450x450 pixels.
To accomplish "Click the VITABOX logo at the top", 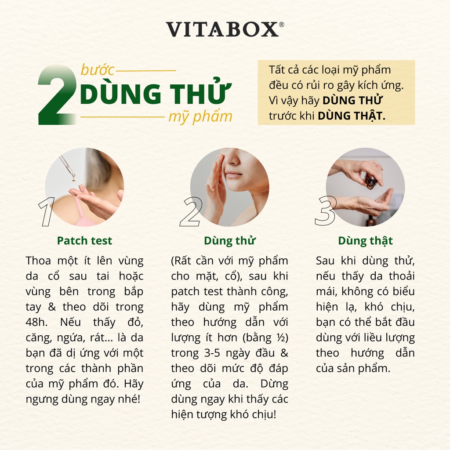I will pyautogui.click(x=222, y=29).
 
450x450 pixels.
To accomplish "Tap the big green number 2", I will pyautogui.click(x=57, y=95).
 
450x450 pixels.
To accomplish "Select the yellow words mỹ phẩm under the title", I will pyautogui.click(x=200, y=117).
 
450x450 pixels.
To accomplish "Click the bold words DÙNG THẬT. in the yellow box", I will pyautogui.click(x=351, y=116).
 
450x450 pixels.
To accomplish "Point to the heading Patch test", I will pyautogui.click(x=84, y=241).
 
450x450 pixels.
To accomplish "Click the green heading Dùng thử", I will pyautogui.click(x=229, y=241).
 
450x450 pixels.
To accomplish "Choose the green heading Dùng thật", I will pyautogui.click(x=365, y=241).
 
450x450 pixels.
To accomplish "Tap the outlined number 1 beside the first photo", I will pyautogui.click(x=46, y=212).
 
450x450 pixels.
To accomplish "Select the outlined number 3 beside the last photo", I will pyautogui.click(x=326, y=212).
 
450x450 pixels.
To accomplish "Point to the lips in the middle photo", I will pyautogui.click(x=234, y=174).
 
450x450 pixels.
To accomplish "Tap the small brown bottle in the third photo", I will pyautogui.click(x=370, y=181).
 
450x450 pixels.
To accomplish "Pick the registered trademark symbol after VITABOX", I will pyautogui.click(x=281, y=25).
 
